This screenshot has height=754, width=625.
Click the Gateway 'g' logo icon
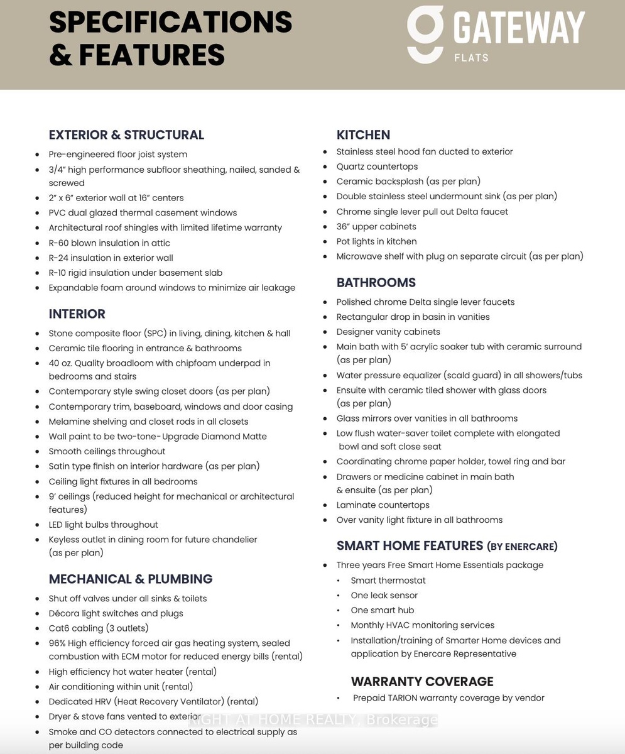(x=426, y=35)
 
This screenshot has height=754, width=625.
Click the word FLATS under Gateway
(x=471, y=58)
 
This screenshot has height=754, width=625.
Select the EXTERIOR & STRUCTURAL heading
(x=126, y=135)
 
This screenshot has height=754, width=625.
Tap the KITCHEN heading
(x=363, y=135)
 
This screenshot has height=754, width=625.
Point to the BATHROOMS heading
(x=376, y=283)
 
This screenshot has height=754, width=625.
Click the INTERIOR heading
(x=77, y=314)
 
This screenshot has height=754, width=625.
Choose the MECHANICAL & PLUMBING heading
(x=131, y=579)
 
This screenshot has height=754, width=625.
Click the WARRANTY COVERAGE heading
(x=422, y=682)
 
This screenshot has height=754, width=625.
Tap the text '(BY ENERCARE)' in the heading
(x=522, y=547)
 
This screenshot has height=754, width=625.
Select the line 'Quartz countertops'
(x=377, y=167)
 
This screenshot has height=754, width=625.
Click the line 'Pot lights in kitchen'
(x=376, y=241)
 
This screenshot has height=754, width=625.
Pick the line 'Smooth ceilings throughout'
(x=107, y=452)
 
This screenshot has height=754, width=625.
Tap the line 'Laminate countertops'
(x=383, y=505)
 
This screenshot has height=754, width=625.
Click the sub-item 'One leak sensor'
(x=384, y=596)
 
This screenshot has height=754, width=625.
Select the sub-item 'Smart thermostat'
(x=388, y=581)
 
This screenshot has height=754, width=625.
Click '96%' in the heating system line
(x=58, y=643)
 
